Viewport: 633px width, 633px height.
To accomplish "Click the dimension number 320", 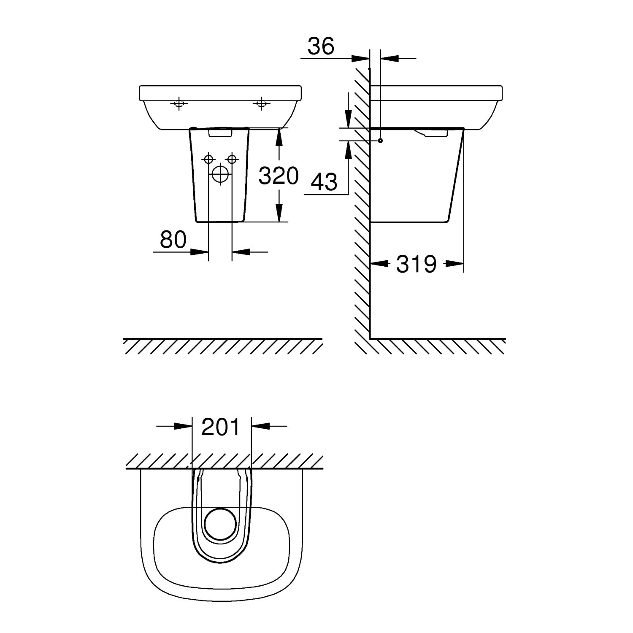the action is pos(279,176).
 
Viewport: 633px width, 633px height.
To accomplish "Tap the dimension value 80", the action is pos(173,240).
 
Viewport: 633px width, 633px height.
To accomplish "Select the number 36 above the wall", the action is pos(321,46).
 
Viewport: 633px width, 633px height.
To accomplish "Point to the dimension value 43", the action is pos(325,182).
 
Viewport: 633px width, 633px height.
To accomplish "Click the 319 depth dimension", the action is pos(416,264).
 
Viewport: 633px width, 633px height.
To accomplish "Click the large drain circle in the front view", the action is pos(219,174).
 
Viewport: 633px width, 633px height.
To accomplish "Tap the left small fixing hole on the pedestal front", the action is pos(208,159).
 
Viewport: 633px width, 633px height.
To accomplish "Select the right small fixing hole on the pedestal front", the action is pos(231,159).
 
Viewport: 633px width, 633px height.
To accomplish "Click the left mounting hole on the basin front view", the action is pos(179,103).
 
